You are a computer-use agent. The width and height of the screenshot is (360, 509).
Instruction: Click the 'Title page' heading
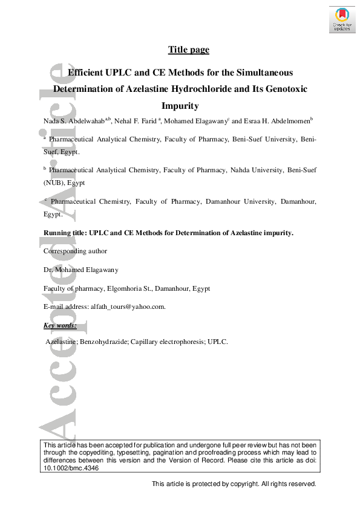tap(188, 50)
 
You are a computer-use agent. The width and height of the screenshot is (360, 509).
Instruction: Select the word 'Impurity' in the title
tap(180, 106)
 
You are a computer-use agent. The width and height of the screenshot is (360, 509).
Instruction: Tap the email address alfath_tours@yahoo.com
tap(127, 306)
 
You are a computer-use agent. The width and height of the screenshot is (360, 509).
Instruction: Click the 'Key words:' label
tap(60, 326)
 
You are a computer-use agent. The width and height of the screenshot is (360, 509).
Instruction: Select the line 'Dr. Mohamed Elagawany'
tap(81, 270)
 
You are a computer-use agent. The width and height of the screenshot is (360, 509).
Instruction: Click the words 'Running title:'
tap(65, 233)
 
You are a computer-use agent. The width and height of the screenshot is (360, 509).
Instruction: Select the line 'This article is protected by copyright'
tap(234, 484)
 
